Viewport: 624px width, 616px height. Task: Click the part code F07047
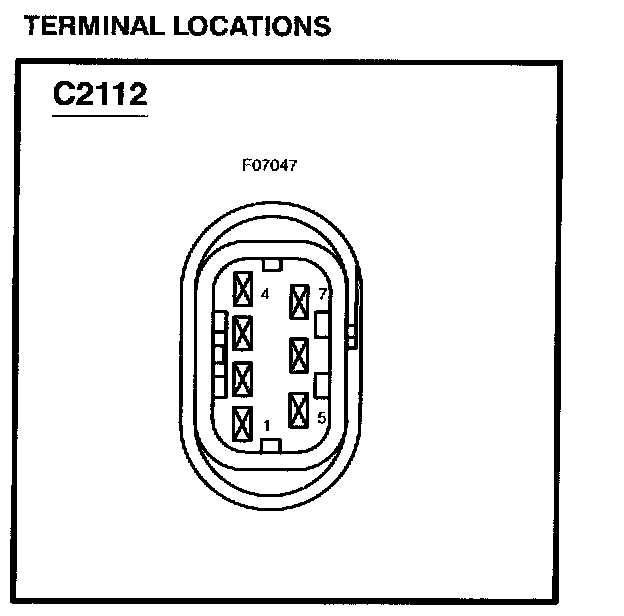(268, 166)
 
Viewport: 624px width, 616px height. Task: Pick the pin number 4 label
(265, 295)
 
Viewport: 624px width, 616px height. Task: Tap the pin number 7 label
(322, 294)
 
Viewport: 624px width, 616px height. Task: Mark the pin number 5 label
(321, 418)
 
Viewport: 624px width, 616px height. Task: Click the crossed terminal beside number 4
(242, 289)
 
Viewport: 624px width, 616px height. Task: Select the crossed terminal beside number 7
(298, 301)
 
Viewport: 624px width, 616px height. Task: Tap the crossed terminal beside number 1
(241, 424)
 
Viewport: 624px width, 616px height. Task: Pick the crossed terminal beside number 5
(298, 409)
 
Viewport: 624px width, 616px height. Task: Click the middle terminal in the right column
(298, 355)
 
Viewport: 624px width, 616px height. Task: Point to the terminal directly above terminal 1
(241, 379)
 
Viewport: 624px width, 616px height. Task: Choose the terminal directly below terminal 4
(242, 332)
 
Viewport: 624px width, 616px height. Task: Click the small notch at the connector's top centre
(270, 264)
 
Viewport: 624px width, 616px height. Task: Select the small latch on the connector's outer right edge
(351, 335)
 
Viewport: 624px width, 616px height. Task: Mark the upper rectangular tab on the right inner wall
(321, 324)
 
